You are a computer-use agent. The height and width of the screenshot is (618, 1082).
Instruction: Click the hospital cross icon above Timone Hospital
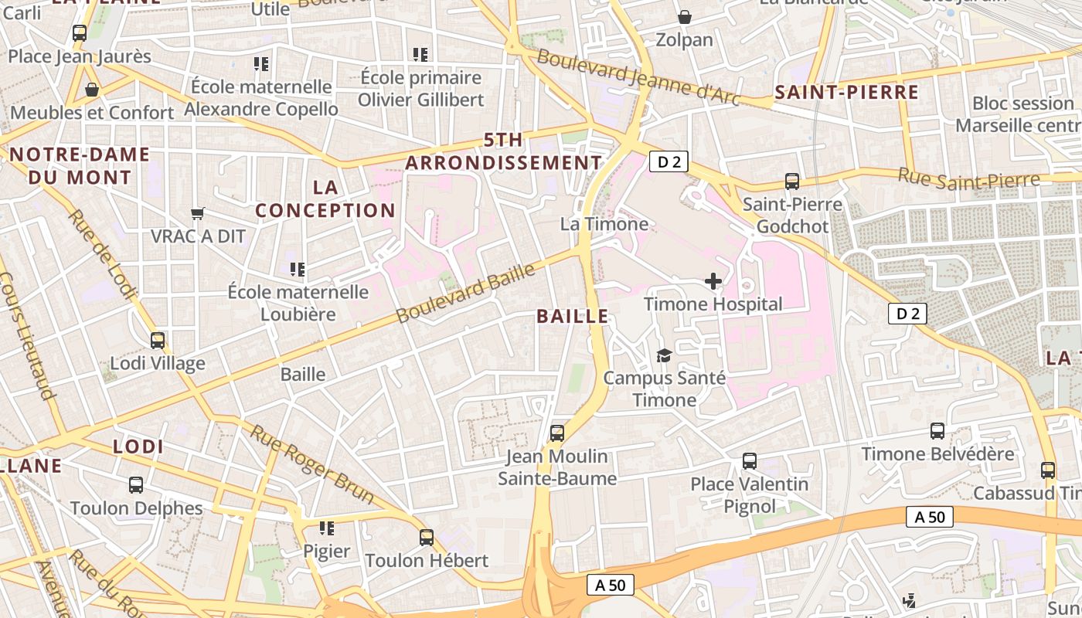[x=713, y=281]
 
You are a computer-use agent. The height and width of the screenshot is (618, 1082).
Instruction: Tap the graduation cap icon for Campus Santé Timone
[x=664, y=355]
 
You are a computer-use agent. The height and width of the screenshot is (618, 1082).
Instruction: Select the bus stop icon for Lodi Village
[x=158, y=341]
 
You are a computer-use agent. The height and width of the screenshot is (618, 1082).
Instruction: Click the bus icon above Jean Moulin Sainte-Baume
[x=557, y=433]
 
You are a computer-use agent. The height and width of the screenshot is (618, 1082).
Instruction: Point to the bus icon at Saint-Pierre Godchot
[x=792, y=182]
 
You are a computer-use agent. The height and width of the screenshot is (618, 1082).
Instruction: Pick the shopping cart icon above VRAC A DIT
[x=198, y=213]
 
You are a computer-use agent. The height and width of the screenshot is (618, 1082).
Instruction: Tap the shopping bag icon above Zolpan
[x=685, y=17]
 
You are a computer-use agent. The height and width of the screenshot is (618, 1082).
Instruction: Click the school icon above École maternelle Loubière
[x=298, y=270]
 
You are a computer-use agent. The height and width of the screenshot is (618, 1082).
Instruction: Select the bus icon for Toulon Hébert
[x=427, y=538]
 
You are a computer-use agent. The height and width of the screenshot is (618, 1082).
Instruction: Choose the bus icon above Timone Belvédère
[x=937, y=431]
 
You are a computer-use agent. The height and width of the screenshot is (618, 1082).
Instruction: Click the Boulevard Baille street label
[x=465, y=294]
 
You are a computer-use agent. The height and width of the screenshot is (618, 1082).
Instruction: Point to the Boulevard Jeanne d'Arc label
[x=638, y=78]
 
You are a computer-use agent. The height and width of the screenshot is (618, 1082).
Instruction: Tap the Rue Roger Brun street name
[x=311, y=463]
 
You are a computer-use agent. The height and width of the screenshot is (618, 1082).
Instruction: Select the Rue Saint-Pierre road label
[x=968, y=178]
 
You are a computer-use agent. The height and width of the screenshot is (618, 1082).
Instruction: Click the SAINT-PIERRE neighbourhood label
[x=846, y=93]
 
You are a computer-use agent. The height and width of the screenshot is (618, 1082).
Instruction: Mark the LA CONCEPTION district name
[x=325, y=199]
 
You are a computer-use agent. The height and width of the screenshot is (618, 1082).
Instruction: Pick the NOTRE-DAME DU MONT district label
[x=80, y=165]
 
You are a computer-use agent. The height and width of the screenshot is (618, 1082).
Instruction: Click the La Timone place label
[x=604, y=224]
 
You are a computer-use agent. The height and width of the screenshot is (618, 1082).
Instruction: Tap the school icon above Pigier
[x=327, y=528]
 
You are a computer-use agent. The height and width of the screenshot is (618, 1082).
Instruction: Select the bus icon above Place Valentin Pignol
[x=749, y=461]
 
